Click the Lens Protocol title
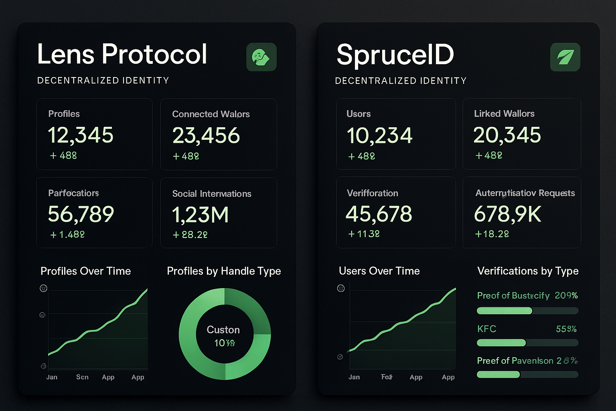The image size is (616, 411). [122, 54]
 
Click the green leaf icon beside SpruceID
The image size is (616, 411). [565, 57]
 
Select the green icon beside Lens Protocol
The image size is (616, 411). [261, 57]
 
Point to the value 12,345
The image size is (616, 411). [81, 135]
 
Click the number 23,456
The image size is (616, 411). [206, 136]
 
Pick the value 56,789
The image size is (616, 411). [81, 214]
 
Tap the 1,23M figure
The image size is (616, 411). [201, 215]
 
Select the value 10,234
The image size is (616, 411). [379, 136]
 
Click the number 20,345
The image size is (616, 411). [507, 135]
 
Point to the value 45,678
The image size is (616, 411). [379, 214]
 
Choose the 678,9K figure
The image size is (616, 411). [508, 214]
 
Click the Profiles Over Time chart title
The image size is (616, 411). [86, 271]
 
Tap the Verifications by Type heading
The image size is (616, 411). [528, 271]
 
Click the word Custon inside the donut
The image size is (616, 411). [223, 330]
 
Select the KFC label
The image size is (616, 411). [486, 329]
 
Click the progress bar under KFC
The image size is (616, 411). [527, 343]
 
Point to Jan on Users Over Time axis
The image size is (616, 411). [354, 377]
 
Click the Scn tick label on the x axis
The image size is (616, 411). [82, 377]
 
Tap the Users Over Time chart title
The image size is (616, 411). [379, 271]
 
